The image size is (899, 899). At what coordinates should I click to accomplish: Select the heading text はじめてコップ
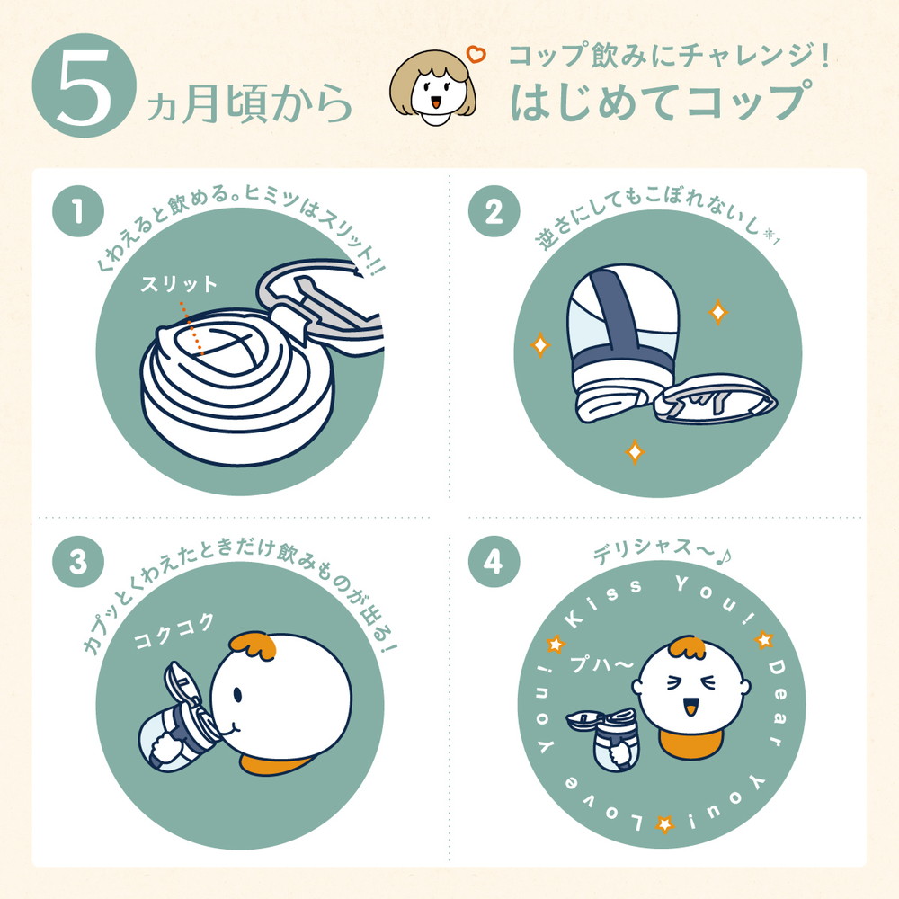point(655,102)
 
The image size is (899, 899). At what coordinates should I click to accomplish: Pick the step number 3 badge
point(77,564)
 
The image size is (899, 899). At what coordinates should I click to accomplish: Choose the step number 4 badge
point(492,564)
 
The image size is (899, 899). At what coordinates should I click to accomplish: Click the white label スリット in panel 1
point(179,285)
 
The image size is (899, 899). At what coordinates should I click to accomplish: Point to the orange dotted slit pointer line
point(191,327)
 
